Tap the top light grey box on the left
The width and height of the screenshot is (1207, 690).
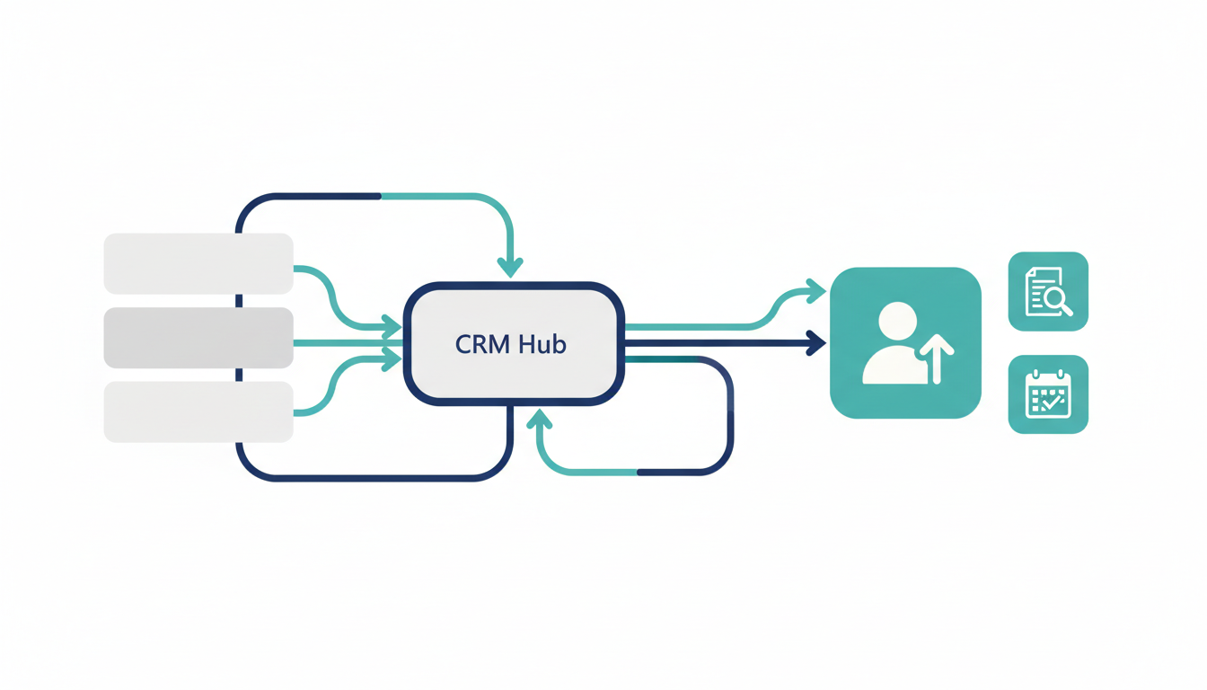click(198, 263)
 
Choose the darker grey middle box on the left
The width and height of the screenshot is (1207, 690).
click(198, 338)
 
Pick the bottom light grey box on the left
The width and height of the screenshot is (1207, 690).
click(198, 411)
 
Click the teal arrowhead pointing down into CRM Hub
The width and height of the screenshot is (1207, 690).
click(510, 267)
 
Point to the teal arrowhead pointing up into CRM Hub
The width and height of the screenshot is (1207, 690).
click(539, 419)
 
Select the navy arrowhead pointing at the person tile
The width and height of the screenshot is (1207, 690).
click(816, 342)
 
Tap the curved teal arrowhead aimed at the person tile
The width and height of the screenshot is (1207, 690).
click(816, 290)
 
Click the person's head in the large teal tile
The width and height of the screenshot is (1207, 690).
click(897, 321)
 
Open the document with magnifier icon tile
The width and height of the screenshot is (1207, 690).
click(1048, 291)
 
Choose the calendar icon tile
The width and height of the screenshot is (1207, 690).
click(1048, 394)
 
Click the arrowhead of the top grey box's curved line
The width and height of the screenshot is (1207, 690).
click(392, 324)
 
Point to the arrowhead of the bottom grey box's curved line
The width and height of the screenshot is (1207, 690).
click(392, 360)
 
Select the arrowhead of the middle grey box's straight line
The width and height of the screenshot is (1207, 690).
click(393, 342)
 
